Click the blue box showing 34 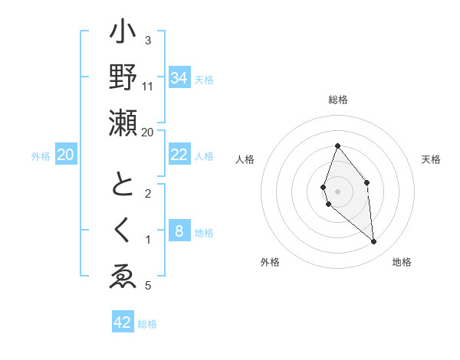tap(179, 77)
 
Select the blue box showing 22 tap(179, 155)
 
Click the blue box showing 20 tap(66, 155)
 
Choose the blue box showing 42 tap(123, 322)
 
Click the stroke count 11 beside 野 tap(148, 87)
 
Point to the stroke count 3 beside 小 tap(148, 41)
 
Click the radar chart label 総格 tap(337, 100)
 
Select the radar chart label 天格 tap(432, 159)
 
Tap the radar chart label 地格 tap(402, 262)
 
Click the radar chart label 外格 tap(270, 262)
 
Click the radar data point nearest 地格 tap(374, 242)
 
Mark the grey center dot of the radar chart tap(337, 191)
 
